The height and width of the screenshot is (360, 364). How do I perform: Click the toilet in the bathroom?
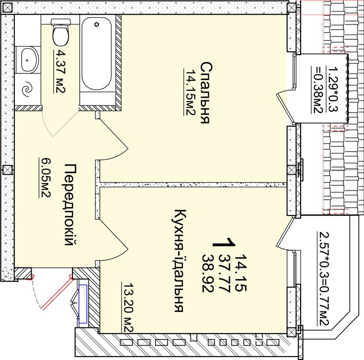61,32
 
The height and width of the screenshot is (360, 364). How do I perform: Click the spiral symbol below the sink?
27,89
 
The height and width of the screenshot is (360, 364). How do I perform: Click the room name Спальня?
206,93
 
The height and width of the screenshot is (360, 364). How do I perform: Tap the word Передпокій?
70,204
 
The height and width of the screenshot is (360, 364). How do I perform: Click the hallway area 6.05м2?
45,178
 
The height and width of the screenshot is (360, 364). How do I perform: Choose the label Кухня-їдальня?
180,261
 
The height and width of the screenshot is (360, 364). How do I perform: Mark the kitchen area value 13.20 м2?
127,307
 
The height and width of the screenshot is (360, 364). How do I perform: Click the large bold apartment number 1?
224,242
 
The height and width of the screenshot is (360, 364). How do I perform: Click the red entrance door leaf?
58,293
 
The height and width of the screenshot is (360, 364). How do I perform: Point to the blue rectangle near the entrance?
83,304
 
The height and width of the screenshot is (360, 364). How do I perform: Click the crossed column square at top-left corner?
7,8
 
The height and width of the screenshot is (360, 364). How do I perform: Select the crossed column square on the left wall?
7,170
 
